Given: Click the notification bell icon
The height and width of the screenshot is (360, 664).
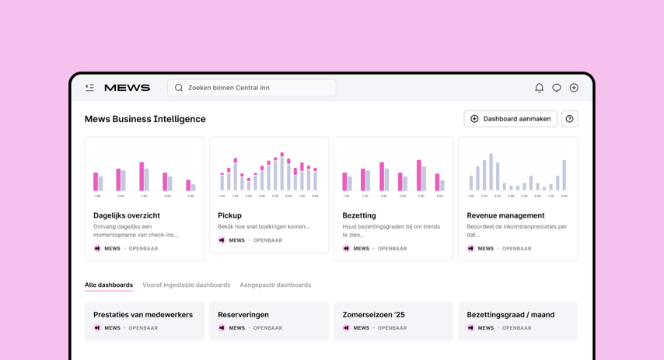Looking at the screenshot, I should click(x=539, y=88).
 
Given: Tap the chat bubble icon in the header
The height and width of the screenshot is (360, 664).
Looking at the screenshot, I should click(x=557, y=88).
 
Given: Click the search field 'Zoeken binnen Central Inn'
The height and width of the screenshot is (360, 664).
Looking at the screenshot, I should click(x=252, y=88).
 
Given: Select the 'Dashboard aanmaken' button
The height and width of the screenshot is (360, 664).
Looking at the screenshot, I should click(x=510, y=119).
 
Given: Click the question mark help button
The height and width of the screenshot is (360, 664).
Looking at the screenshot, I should click(x=570, y=119).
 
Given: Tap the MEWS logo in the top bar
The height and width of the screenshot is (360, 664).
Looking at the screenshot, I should click(x=127, y=88).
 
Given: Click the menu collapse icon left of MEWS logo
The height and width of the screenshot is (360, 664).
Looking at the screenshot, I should click(x=90, y=88).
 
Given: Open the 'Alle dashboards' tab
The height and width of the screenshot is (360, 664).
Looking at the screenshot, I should click(x=109, y=285).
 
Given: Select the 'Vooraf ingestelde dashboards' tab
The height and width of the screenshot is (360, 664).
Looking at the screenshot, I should click(x=187, y=285).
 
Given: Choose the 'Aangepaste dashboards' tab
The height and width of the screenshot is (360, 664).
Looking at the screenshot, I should click(x=275, y=285).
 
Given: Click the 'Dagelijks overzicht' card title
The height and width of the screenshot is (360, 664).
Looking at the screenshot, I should click(x=127, y=215).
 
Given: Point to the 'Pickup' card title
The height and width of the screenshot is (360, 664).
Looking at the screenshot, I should click(x=230, y=215).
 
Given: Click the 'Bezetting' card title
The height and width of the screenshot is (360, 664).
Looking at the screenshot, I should click(x=359, y=215).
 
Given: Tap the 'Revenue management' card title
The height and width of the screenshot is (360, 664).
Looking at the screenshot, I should click(x=505, y=215).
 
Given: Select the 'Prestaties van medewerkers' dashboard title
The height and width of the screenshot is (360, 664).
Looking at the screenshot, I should click(x=143, y=315).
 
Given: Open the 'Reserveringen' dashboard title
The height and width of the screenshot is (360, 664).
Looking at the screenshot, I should click(x=243, y=315).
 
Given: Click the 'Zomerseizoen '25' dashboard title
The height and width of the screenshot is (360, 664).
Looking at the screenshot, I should click(x=374, y=315).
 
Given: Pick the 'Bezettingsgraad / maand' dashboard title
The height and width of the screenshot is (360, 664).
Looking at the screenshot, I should click(x=511, y=315).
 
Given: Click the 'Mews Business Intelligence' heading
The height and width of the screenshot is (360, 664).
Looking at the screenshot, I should click(x=145, y=119).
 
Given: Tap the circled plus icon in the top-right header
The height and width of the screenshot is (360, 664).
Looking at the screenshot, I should click(x=574, y=88).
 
